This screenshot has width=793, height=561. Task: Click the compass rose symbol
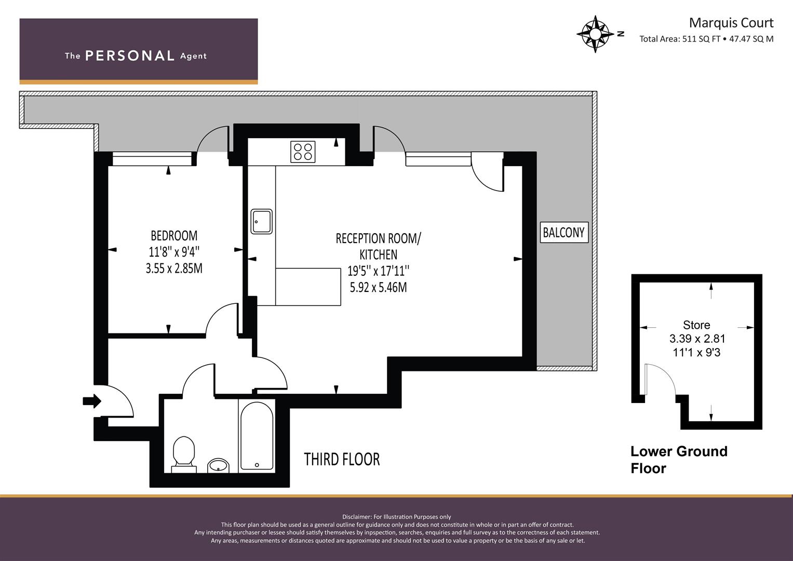(x=596, y=34)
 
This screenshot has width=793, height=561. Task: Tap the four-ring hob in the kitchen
(x=303, y=152)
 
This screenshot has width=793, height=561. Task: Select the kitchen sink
(x=262, y=222)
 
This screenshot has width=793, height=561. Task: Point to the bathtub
(x=257, y=436)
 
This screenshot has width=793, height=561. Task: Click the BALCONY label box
(x=564, y=232)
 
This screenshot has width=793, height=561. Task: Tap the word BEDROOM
(x=174, y=235)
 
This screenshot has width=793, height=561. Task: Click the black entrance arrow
(x=92, y=401)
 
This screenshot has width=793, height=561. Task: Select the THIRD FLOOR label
(x=342, y=459)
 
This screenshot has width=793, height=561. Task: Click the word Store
(x=696, y=325)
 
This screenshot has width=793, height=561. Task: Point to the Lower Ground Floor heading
(x=679, y=460)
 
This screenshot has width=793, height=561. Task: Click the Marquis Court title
(x=731, y=23)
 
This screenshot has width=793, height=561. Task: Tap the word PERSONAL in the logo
(x=130, y=56)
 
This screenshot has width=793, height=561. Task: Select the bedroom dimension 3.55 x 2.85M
(x=174, y=269)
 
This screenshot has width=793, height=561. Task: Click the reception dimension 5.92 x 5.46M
(x=379, y=287)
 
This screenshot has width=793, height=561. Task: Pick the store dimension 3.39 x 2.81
(x=697, y=339)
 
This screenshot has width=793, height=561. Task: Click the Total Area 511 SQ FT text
(x=680, y=39)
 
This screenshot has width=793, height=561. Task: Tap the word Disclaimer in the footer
(x=357, y=517)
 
